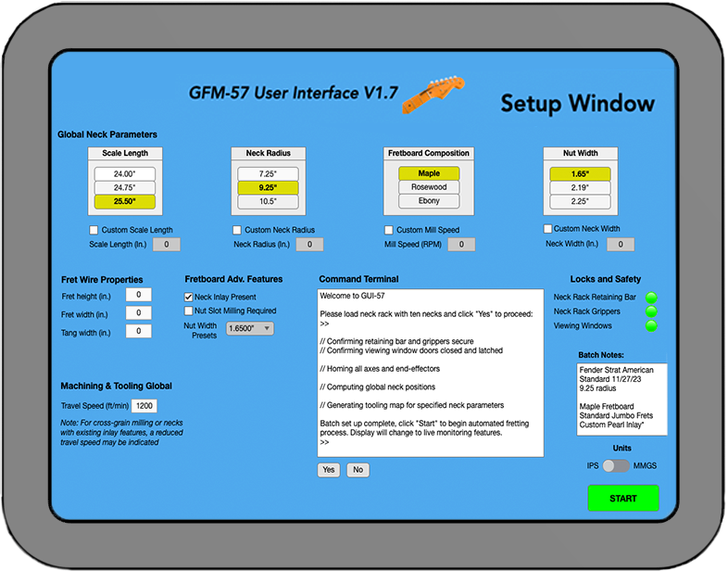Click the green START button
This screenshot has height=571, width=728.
coord(622,499)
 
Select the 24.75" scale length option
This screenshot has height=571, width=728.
coord(124,187)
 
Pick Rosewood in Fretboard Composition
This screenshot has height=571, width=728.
coord(429,187)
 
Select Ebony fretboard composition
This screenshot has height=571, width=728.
coord(429,201)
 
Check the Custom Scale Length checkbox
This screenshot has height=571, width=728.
coord(94,230)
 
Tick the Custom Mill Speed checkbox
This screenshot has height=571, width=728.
coord(389,230)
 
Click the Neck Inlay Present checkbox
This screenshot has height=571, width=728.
coord(189,297)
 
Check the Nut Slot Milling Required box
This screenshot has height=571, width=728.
coord(189,311)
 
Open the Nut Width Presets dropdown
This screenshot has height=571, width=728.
coord(249,328)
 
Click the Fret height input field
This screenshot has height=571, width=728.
coord(138,295)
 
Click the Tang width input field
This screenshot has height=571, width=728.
coord(138,332)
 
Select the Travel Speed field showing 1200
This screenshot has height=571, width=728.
coord(146,406)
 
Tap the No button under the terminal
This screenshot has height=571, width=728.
coord(357,470)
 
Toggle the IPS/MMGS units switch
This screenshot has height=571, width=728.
coord(615,465)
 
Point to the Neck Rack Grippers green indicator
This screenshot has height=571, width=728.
coord(651,311)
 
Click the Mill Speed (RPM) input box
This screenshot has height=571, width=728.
coord(461,245)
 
